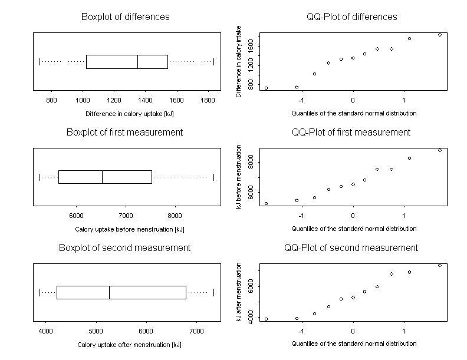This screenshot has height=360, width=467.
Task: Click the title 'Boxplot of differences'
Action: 125,16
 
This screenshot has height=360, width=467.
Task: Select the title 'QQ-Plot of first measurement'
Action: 351,132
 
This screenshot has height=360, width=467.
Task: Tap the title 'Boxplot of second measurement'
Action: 124,247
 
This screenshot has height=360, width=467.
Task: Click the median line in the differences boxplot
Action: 137,61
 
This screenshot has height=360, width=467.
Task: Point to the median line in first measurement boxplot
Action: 102,177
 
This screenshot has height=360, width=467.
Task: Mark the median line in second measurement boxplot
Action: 109,292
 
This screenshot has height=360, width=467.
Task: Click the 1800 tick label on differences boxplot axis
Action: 208,100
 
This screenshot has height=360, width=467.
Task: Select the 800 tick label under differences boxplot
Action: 51,100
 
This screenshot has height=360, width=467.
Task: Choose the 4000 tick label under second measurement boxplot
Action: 45,331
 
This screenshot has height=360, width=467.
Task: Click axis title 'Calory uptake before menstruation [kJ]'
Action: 125,229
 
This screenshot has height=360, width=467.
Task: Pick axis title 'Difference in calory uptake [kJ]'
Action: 125,113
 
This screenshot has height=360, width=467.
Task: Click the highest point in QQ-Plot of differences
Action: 439,35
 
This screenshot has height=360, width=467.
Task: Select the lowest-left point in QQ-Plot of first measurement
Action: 266,203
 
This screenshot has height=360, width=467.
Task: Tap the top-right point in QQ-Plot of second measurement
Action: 439,265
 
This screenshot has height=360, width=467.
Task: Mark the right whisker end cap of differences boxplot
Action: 213,61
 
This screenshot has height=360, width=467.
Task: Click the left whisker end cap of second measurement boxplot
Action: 40,292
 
